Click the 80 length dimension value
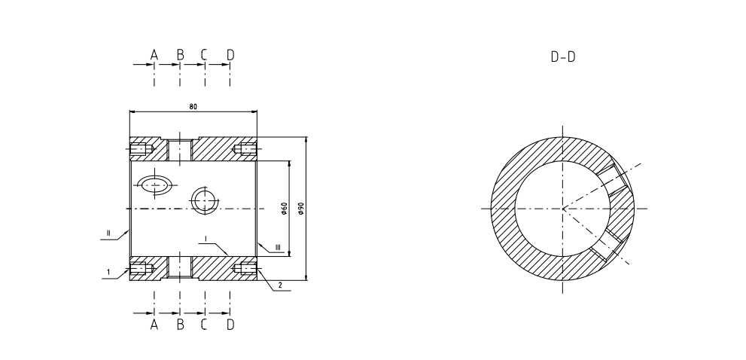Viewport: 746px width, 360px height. pyautogui.click(x=193, y=106)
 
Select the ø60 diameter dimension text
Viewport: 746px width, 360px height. pyautogui.click(x=284, y=209)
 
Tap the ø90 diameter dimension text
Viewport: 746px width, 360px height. pyautogui.click(x=300, y=209)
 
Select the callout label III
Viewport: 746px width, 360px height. pyautogui.click(x=278, y=246)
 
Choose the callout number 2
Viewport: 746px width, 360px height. pyautogui.click(x=279, y=285)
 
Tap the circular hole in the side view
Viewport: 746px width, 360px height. pyautogui.click(x=204, y=200)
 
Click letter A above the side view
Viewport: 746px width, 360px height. pyautogui.click(x=154, y=55)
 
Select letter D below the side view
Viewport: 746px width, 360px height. pyautogui.click(x=230, y=325)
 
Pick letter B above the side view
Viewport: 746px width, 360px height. pyautogui.click(x=180, y=55)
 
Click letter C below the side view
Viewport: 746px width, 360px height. pyautogui.click(x=205, y=325)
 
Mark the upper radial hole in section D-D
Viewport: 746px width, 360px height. pyautogui.click(x=615, y=178)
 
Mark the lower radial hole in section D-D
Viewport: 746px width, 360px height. pyautogui.click(x=607, y=245)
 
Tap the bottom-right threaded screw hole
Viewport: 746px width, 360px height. pyautogui.click(x=245, y=268)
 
